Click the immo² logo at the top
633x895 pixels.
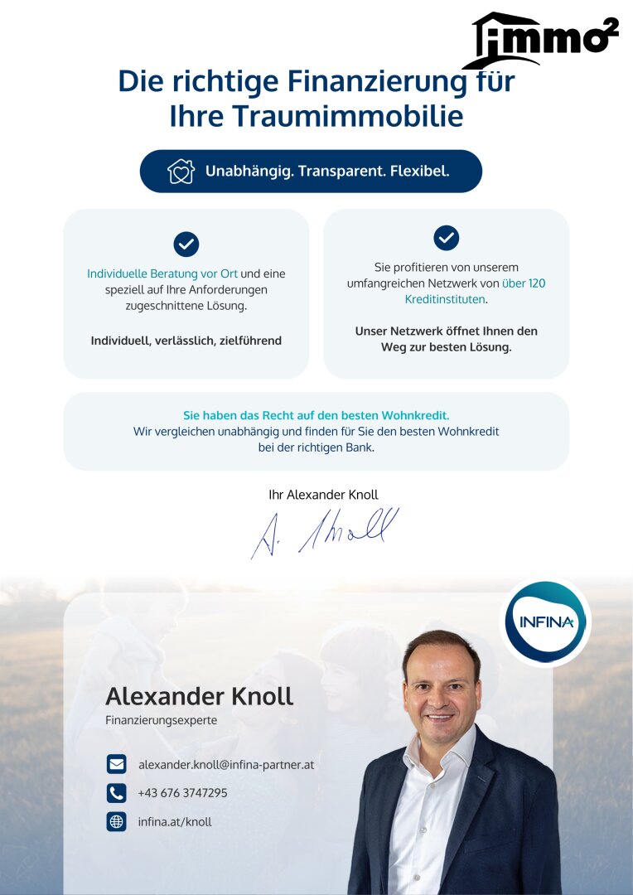click(540, 41)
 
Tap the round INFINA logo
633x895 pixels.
click(545, 622)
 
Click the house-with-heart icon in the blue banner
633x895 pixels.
click(181, 172)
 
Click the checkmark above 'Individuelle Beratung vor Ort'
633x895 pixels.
click(186, 244)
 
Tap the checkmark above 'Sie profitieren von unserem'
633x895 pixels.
click(447, 238)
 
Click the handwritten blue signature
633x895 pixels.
click(325, 531)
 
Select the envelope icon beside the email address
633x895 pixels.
click(116, 764)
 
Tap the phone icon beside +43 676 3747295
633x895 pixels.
click(116, 793)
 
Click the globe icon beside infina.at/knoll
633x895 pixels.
click(116, 822)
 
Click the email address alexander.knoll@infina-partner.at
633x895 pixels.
click(226, 764)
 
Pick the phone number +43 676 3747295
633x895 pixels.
click(182, 793)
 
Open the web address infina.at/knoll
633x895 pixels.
click(175, 822)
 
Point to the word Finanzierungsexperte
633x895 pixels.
click(161, 720)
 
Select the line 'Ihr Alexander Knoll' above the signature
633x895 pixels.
click(323, 495)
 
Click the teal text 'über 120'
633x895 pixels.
click(524, 283)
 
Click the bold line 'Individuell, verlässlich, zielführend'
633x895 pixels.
click(186, 341)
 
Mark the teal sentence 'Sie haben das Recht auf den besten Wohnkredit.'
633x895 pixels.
click(316, 415)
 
